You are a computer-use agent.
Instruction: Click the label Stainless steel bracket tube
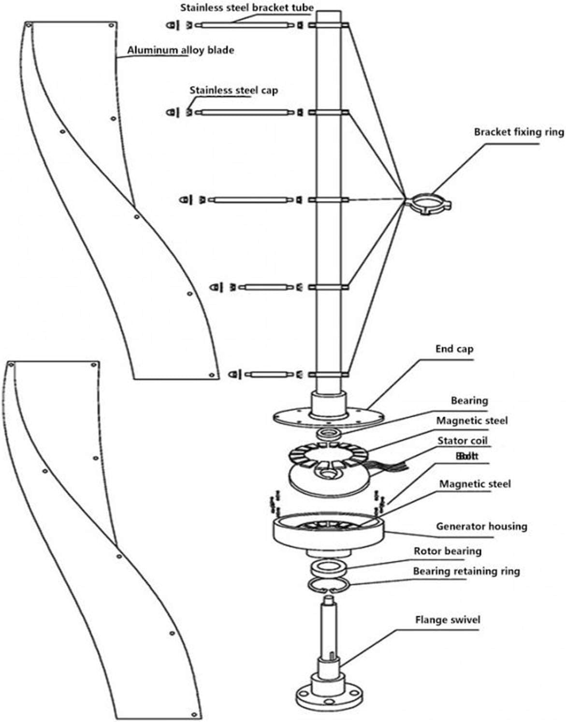tap(247, 8)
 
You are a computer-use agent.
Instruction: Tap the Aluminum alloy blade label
tap(180, 50)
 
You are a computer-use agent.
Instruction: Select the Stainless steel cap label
tap(233, 90)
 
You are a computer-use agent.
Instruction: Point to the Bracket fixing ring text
tap(519, 132)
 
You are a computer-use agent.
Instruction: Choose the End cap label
tap(454, 349)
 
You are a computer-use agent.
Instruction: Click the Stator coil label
tap(462, 440)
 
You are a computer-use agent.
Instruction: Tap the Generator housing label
tap(481, 526)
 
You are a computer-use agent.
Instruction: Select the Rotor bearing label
tap(447, 551)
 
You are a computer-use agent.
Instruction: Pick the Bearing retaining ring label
tap(466, 571)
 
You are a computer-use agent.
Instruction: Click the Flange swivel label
tap(448, 620)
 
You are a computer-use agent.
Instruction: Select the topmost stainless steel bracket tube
tap(247, 25)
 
